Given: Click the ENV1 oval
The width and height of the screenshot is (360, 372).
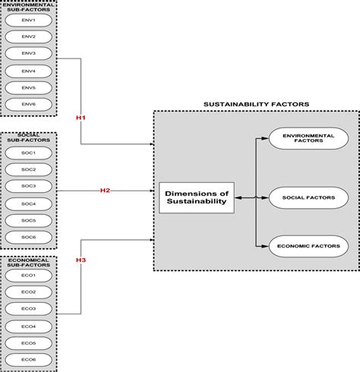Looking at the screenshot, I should [x=28, y=20].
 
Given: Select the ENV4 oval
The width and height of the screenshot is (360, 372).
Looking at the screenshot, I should [x=28, y=70].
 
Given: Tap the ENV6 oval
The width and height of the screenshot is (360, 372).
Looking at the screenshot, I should [x=28, y=103].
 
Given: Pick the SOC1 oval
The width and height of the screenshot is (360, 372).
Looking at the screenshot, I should [x=28, y=153].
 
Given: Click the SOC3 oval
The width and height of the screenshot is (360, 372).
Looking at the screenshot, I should [x=28, y=185].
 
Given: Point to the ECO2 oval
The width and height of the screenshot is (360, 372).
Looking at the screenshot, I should [x=28, y=292].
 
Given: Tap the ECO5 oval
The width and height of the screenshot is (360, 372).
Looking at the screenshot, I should [x=28, y=342].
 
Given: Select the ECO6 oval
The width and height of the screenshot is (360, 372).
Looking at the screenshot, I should [x=28, y=358].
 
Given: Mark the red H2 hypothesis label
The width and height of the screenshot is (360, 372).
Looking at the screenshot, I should [x=106, y=190].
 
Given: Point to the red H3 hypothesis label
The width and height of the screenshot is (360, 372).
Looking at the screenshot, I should [x=81, y=260].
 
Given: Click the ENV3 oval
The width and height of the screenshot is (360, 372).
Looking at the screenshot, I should [x=28, y=53].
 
